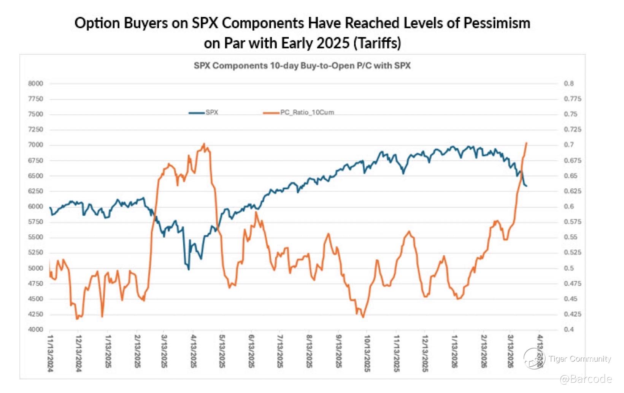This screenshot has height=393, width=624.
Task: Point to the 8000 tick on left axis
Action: coord(35,84)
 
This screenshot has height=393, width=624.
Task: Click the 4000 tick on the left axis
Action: coord(35,330)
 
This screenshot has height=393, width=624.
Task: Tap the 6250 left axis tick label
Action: coord(35,191)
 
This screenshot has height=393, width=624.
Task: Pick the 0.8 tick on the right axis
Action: coord(568,84)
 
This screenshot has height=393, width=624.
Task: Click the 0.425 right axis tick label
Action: coord(572,314)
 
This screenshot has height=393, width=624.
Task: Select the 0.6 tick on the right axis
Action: coord(568,207)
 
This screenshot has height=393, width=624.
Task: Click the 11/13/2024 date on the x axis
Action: coord(51,353)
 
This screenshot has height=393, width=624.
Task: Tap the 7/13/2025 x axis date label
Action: coord(280,351)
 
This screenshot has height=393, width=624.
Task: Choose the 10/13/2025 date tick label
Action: coord(367,353)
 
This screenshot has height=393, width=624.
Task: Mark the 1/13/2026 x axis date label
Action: coord(454,351)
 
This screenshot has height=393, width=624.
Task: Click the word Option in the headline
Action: coord(92,23)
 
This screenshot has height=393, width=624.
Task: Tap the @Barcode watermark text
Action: coord(586,379)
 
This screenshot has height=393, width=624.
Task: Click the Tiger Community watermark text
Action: coord(579,359)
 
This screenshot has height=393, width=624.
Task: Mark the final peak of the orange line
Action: coord(526,143)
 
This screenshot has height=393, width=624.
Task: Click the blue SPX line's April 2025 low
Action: coord(189,270)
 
